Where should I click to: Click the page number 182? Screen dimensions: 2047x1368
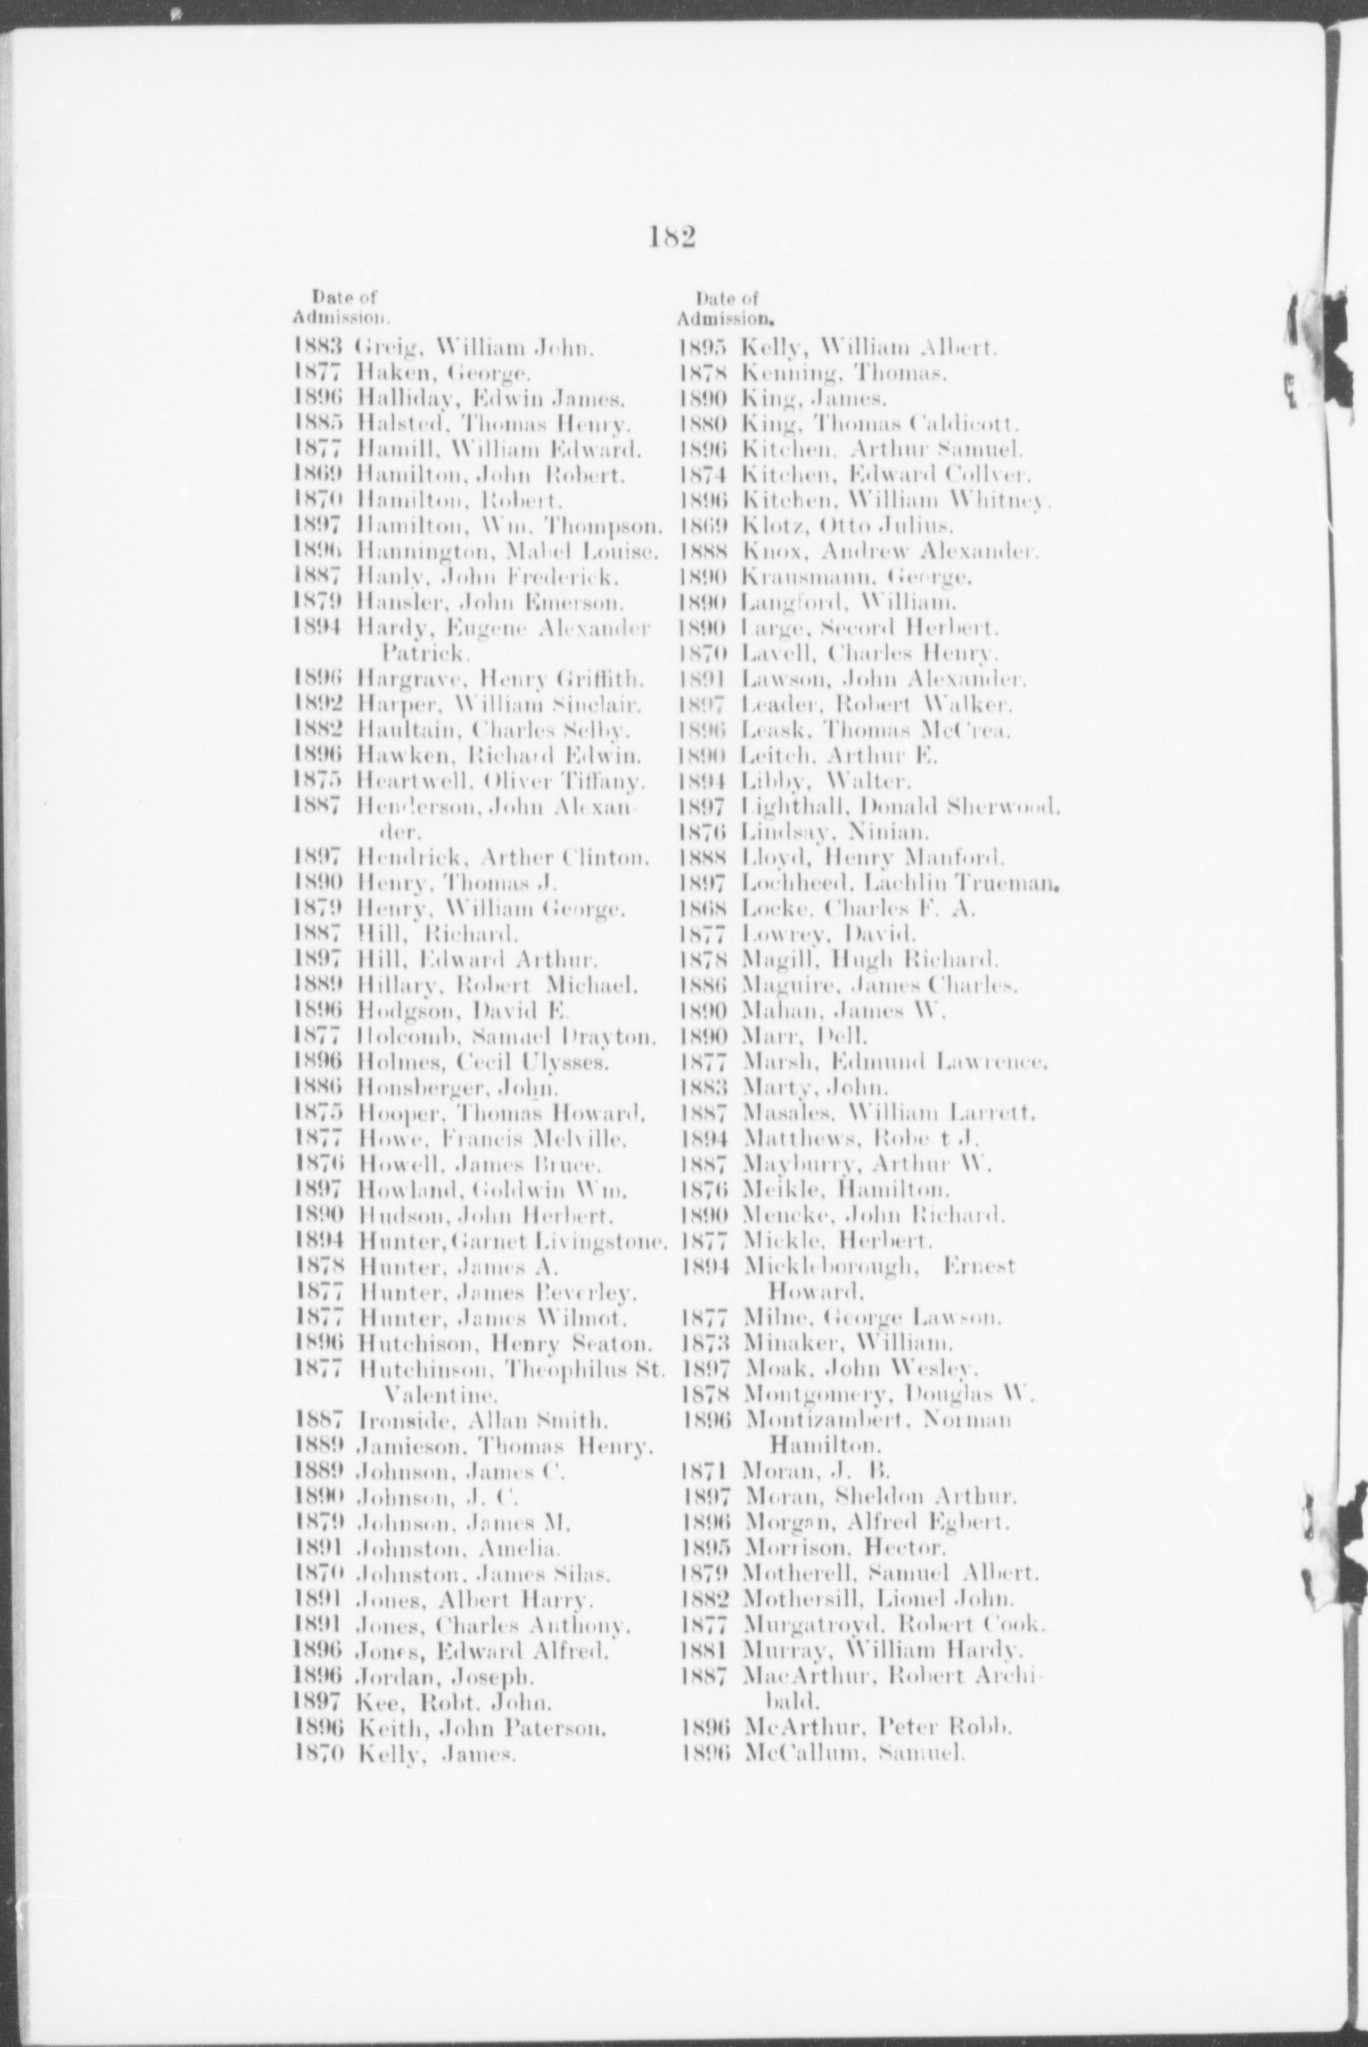coord(671,238)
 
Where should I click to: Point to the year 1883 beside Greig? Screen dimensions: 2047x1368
coord(318,350)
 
